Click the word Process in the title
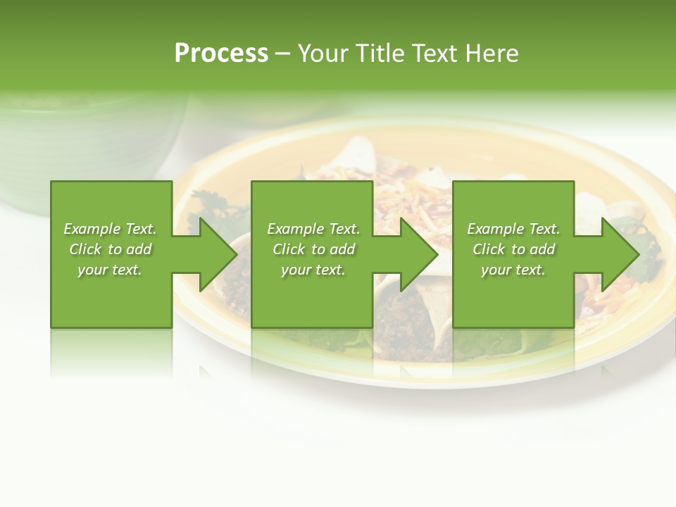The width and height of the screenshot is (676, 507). pos(221,54)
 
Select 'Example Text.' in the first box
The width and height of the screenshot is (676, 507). pos(110,229)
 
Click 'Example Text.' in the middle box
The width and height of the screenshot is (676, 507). pos(313,229)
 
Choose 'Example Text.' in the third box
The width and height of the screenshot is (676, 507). pos(513,229)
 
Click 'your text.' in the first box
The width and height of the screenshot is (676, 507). pos(110,270)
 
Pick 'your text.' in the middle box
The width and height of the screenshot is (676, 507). pos(313,270)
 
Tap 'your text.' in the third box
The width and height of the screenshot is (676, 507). pos(513,270)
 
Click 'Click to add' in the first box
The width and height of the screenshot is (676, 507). pos(110,249)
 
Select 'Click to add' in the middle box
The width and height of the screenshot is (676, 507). pos(313,249)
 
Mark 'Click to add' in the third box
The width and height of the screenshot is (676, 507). pos(513,249)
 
